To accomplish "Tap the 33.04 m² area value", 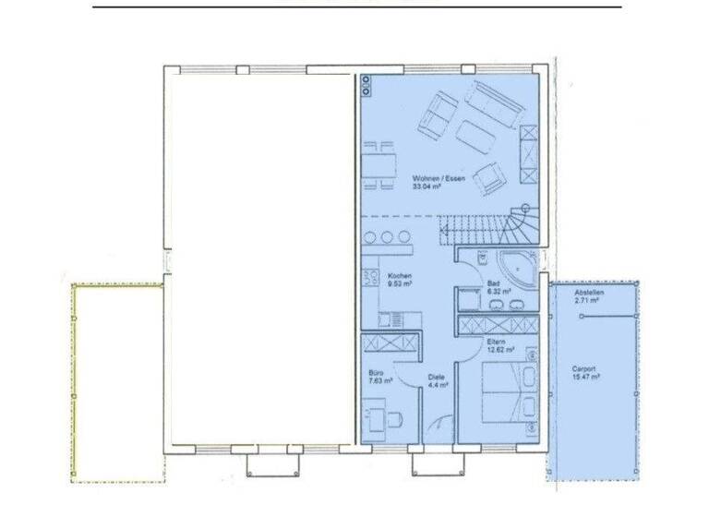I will [x=426, y=186].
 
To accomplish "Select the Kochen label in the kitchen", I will [x=399, y=276].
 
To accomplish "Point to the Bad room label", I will [x=494, y=283].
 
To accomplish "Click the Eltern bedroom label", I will [x=497, y=341].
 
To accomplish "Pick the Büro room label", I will [x=376, y=372].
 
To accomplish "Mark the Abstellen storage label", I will [x=589, y=293].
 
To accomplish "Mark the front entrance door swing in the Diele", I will [x=443, y=427].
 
